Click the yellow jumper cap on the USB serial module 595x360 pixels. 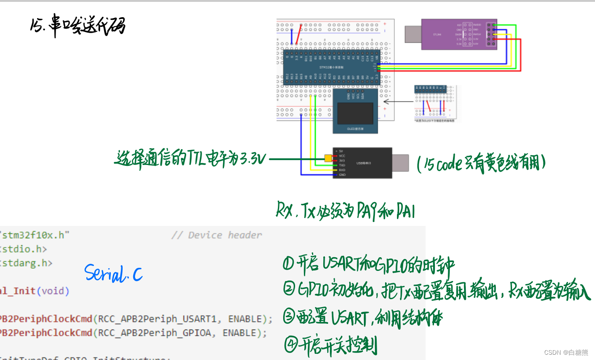(x=328, y=158)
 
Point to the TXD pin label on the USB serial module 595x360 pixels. (x=342, y=165)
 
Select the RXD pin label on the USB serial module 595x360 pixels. (x=342, y=170)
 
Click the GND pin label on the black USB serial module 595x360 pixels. (x=342, y=175)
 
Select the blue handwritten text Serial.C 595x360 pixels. (x=113, y=274)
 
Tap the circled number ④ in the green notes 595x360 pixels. (x=291, y=345)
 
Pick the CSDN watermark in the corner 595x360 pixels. (x=566, y=352)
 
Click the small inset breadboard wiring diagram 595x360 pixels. (x=436, y=103)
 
